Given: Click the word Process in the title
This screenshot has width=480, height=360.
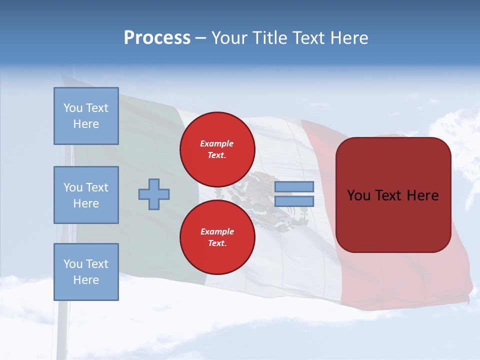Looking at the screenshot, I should [x=157, y=38].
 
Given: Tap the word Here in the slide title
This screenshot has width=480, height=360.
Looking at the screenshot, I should [x=347, y=38].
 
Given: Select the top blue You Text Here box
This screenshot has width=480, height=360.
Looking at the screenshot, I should [x=86, y=116].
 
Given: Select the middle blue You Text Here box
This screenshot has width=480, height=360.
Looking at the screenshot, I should [x=86, y=195].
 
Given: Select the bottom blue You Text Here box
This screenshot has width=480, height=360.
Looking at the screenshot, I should [x=86, y=271].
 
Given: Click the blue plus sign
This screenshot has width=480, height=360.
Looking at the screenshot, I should [x=154, y=194].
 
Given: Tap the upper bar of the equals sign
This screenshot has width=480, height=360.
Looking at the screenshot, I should [x=294, y=186].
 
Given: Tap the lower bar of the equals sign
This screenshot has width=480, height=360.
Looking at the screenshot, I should [x=294, y=201].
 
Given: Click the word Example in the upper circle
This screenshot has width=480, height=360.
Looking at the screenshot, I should [x=216, y=143].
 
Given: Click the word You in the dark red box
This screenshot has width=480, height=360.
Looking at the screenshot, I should [x=358, y=195].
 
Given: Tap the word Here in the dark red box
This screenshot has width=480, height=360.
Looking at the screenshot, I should [x=423, y=195].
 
